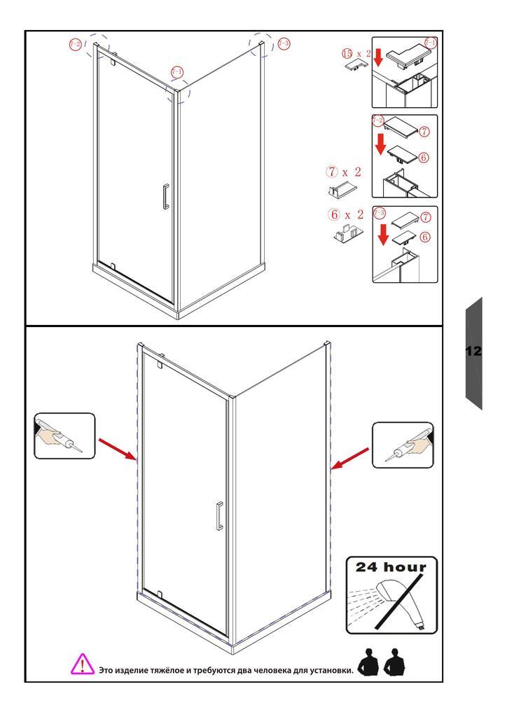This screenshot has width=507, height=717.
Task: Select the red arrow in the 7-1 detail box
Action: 377,58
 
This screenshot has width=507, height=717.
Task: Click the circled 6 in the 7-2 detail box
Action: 424,158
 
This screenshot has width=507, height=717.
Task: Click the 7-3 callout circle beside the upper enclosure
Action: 284,43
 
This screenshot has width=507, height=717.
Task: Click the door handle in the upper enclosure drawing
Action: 165,196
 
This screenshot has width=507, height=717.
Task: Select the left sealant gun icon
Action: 64,436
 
